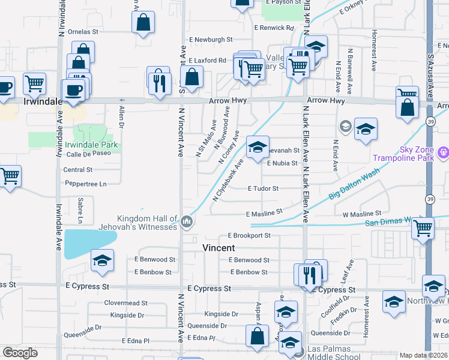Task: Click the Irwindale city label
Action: coord(43,101)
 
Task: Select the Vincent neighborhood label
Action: coord(218,247)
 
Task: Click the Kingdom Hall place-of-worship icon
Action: coord(187,223)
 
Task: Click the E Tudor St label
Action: coord(264,188)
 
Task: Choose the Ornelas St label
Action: coord(83,31)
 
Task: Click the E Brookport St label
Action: coord(249,236)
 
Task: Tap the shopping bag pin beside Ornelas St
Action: coord(143,23)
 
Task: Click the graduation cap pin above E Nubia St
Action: coord(257,147)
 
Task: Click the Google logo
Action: coord(20,353)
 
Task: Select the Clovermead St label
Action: coord(125,303)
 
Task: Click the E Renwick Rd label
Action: coord(274,28)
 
